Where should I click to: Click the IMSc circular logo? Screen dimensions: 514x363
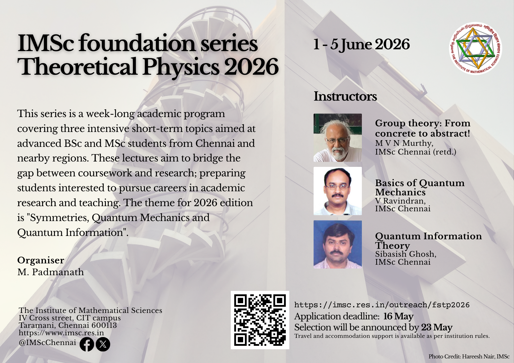(x=475, y=48)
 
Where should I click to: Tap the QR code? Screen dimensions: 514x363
(x=260, y=320)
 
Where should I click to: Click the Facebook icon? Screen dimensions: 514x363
(x=87, y=344)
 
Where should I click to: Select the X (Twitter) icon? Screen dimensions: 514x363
(x=103, y=344)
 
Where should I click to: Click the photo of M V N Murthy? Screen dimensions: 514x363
(x=337, y=138)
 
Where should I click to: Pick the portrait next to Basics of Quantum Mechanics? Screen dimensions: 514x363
(x=337, y=191)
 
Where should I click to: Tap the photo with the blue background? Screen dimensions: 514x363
(x=337, y=244)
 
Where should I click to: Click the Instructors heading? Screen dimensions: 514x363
(x=345, y=96)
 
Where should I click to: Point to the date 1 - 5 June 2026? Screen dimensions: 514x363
(x=361, y=45)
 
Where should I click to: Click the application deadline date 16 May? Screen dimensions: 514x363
(x=398, y=316)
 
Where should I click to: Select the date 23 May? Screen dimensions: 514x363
(x=437, y=327)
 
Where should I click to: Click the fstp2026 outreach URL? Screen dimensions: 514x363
(x=382, y=305)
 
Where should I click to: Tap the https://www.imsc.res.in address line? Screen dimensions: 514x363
(x=61, y=333)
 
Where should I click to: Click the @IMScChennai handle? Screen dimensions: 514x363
(x=48, y=343)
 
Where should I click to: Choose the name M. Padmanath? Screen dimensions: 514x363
(x=51, y=272)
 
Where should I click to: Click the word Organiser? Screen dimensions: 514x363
(x=41, y=261)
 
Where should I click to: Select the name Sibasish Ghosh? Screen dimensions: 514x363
(x=406, y=254)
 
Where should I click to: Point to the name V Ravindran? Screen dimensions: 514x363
(x=400, y=201)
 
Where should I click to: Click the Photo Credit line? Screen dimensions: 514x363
(x=469, y=357)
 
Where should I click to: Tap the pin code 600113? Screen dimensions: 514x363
(x=104, y=325)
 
